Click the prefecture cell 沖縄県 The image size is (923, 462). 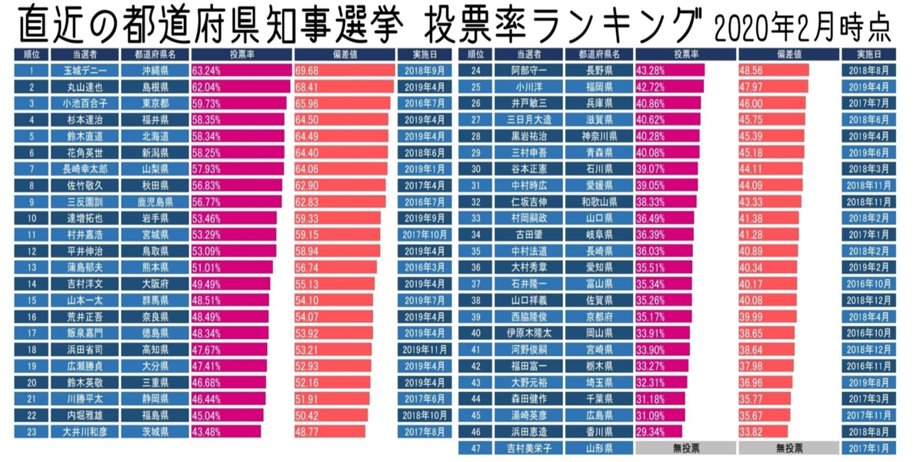click(155, 71)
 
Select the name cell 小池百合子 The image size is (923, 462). click(85, 103)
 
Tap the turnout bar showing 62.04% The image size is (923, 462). click(241, 87)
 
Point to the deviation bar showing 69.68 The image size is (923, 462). click(345, 71)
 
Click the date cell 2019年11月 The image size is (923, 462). click(425, 350)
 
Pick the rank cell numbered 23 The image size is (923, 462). click(32, 431)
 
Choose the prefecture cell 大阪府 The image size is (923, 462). click(155, 284)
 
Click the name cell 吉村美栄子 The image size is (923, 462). click(528, 448)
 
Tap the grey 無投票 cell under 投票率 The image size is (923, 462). click(685, 448)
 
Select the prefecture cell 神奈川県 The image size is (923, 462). click(599, 136)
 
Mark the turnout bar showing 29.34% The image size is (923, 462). click(658, 431)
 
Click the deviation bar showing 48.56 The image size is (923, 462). click(774, 71)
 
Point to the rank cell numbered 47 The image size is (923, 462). click(475, 448)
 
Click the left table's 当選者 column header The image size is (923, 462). click(85, 55)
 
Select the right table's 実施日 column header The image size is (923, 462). click(868, 55)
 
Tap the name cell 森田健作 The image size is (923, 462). click(528, 399)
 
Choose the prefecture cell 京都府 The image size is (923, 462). click(599, 317)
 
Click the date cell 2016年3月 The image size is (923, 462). click(425, 268)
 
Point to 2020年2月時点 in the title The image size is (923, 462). click(802, 28)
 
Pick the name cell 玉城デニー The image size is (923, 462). click(85, 71)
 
